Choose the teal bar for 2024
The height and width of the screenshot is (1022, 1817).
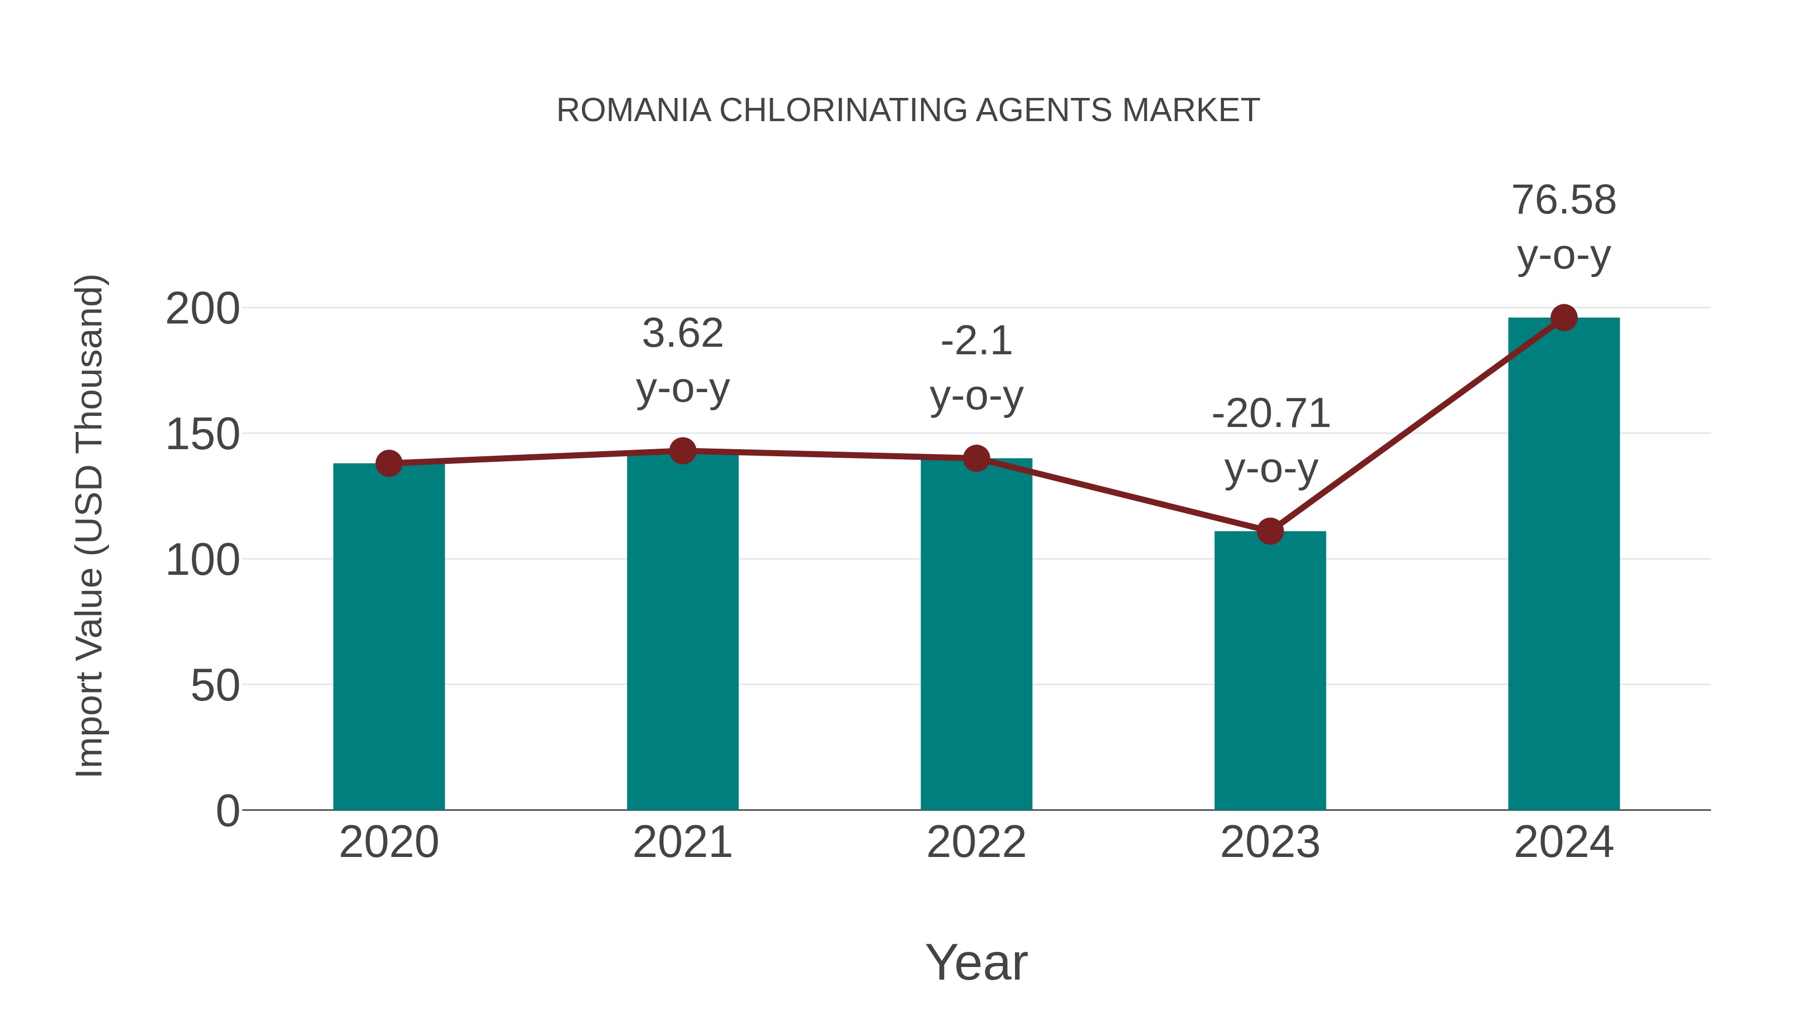(1564, 564)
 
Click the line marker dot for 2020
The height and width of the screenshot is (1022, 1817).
(389, 463)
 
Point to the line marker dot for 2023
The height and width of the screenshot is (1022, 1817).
(1270, 531)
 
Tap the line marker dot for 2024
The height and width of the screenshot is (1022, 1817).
(1564, 318)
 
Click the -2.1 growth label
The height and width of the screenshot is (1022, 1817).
(976, 341)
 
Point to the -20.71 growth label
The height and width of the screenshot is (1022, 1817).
(1270, 414)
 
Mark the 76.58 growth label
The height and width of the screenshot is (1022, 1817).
(1564, 200)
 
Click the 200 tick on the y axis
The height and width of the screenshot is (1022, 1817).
(202, 309)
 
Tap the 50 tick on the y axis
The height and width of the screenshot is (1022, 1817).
(215, 685)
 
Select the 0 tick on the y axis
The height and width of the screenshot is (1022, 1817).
(227, 811)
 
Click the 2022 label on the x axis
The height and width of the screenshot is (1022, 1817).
(976, 842)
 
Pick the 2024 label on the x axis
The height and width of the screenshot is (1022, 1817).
(1564, 842)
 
